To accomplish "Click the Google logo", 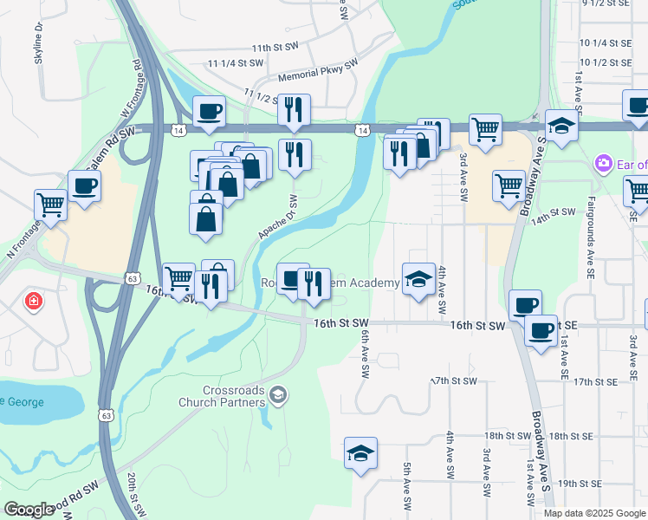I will [x=29, y=510].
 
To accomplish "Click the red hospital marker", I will [x=33, y=302].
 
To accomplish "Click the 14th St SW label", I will [x=554, y=211].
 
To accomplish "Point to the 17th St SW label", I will [x=454, y=381].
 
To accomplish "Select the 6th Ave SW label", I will [x=365, y=355].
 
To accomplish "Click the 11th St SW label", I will [x=273, y=48].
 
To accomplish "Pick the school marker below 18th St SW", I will [x=361, y=454].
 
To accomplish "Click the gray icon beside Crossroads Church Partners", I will [x=278, y=396].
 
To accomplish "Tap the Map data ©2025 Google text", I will [x=594, y=513].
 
